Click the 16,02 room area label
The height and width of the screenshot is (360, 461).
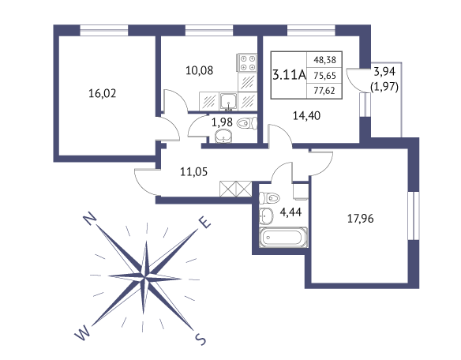coord(103,93)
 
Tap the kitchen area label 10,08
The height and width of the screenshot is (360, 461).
coord(200,70)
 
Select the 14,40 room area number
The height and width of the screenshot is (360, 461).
coord(306,116)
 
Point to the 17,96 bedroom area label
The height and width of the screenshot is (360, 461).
coord(361,219)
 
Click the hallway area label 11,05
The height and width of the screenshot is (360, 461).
coord(193,171)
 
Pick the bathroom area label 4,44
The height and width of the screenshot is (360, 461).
coord(290,212)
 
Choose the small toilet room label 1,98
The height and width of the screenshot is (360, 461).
coord(222,122)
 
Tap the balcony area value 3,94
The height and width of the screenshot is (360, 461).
coord(384,72)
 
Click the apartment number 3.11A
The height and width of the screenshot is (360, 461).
coord(289,75)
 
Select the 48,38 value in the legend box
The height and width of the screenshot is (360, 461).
coord(324,60)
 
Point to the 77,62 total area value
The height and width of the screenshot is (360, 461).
coord(324,90)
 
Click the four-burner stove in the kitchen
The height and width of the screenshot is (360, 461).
coord(247,62)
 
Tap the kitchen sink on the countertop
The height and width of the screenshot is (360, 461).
coord(228,102)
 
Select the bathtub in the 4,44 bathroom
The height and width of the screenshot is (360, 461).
coord(283,237)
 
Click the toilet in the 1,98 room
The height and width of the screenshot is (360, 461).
coord(247,123)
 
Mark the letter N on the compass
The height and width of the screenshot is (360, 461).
coord(90,219)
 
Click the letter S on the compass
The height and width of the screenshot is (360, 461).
coord(201,340)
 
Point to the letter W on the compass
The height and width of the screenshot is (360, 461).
coord(82,333)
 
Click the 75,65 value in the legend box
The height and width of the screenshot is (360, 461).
coord(324,76)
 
